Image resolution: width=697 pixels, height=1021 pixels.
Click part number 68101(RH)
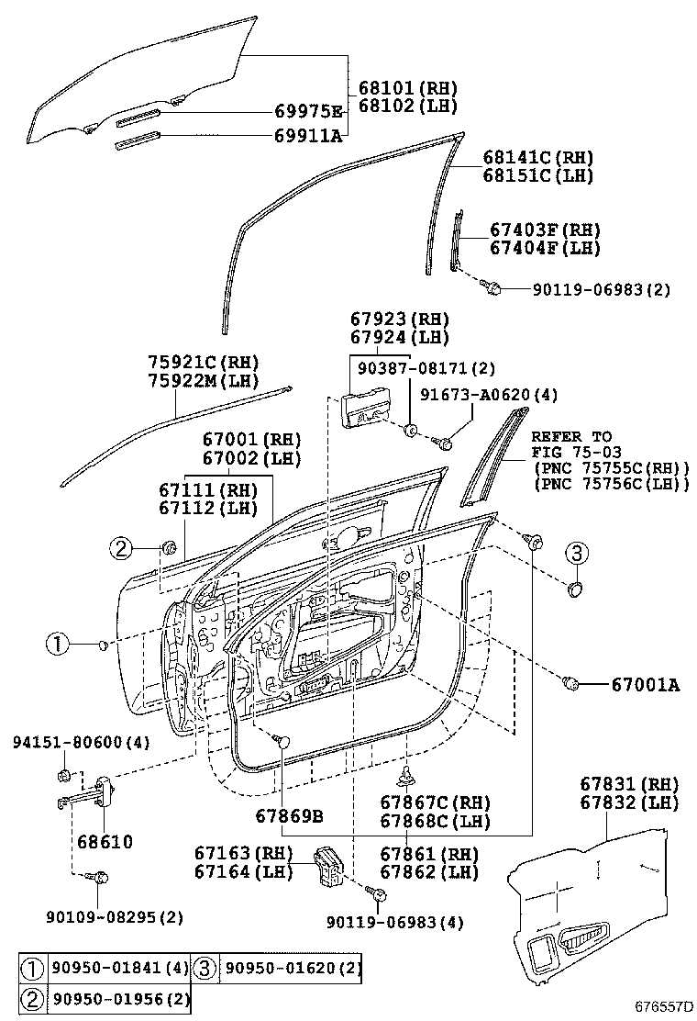tap(407, 88)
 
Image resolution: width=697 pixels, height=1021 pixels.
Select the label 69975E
tap(308, 112)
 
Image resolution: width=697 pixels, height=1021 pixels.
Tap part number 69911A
tap(308, 137)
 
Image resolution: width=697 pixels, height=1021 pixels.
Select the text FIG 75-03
tap(576, 452)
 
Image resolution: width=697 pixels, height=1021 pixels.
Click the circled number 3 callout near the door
tap(575, 553)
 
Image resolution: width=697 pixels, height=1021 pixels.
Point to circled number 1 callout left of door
tap(58, 645)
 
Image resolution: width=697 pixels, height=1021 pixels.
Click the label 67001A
tap(645, 683)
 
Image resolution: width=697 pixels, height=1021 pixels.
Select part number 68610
tap(105, 841)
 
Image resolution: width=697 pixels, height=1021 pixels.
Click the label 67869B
tap(289, 816)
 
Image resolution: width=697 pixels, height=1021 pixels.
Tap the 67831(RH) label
tap(629, 784)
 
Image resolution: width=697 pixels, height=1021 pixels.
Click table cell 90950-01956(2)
tap(118, 998)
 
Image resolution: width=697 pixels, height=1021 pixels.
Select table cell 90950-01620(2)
tap(292, 968)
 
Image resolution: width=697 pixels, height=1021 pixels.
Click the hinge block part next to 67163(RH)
tap(328, 867)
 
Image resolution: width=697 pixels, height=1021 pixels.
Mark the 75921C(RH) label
tap(204, 362)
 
